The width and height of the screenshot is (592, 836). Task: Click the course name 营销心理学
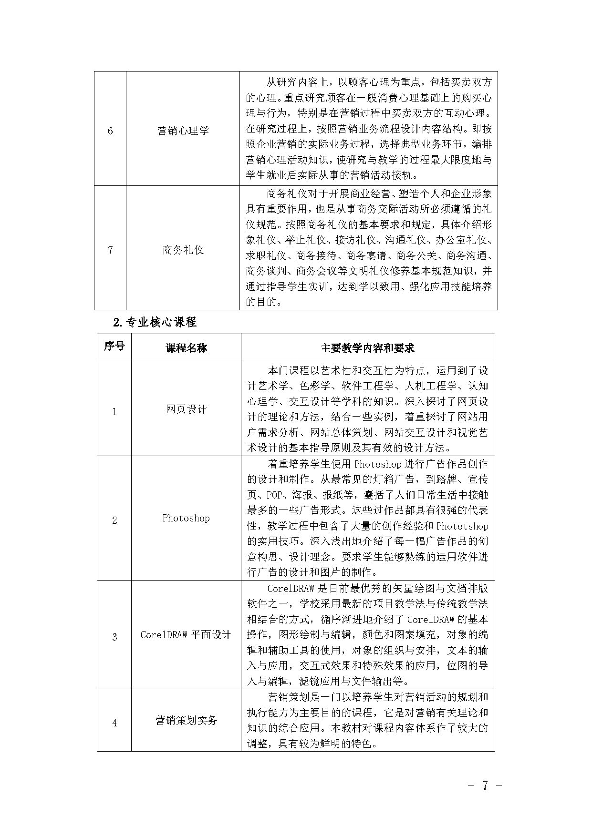183,131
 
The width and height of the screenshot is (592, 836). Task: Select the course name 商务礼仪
183,250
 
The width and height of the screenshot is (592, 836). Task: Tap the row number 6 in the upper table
110,131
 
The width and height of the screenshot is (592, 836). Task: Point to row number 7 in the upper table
110,250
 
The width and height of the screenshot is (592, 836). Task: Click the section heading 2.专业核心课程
155,322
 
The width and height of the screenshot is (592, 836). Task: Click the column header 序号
114,347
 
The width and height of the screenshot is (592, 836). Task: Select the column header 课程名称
186,348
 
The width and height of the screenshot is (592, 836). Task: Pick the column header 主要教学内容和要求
367,348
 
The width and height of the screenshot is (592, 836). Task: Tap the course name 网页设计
186,409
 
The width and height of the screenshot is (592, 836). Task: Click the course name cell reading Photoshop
186,518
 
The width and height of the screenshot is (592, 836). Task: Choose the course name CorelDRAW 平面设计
186,635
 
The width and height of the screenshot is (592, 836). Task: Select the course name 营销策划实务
186,720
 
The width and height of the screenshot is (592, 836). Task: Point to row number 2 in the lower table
114,520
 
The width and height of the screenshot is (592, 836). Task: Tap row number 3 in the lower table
114,637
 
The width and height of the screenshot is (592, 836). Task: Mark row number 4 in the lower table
114,723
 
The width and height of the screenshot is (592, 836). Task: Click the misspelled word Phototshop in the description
462,526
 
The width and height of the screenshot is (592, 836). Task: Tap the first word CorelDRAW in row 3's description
291,588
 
